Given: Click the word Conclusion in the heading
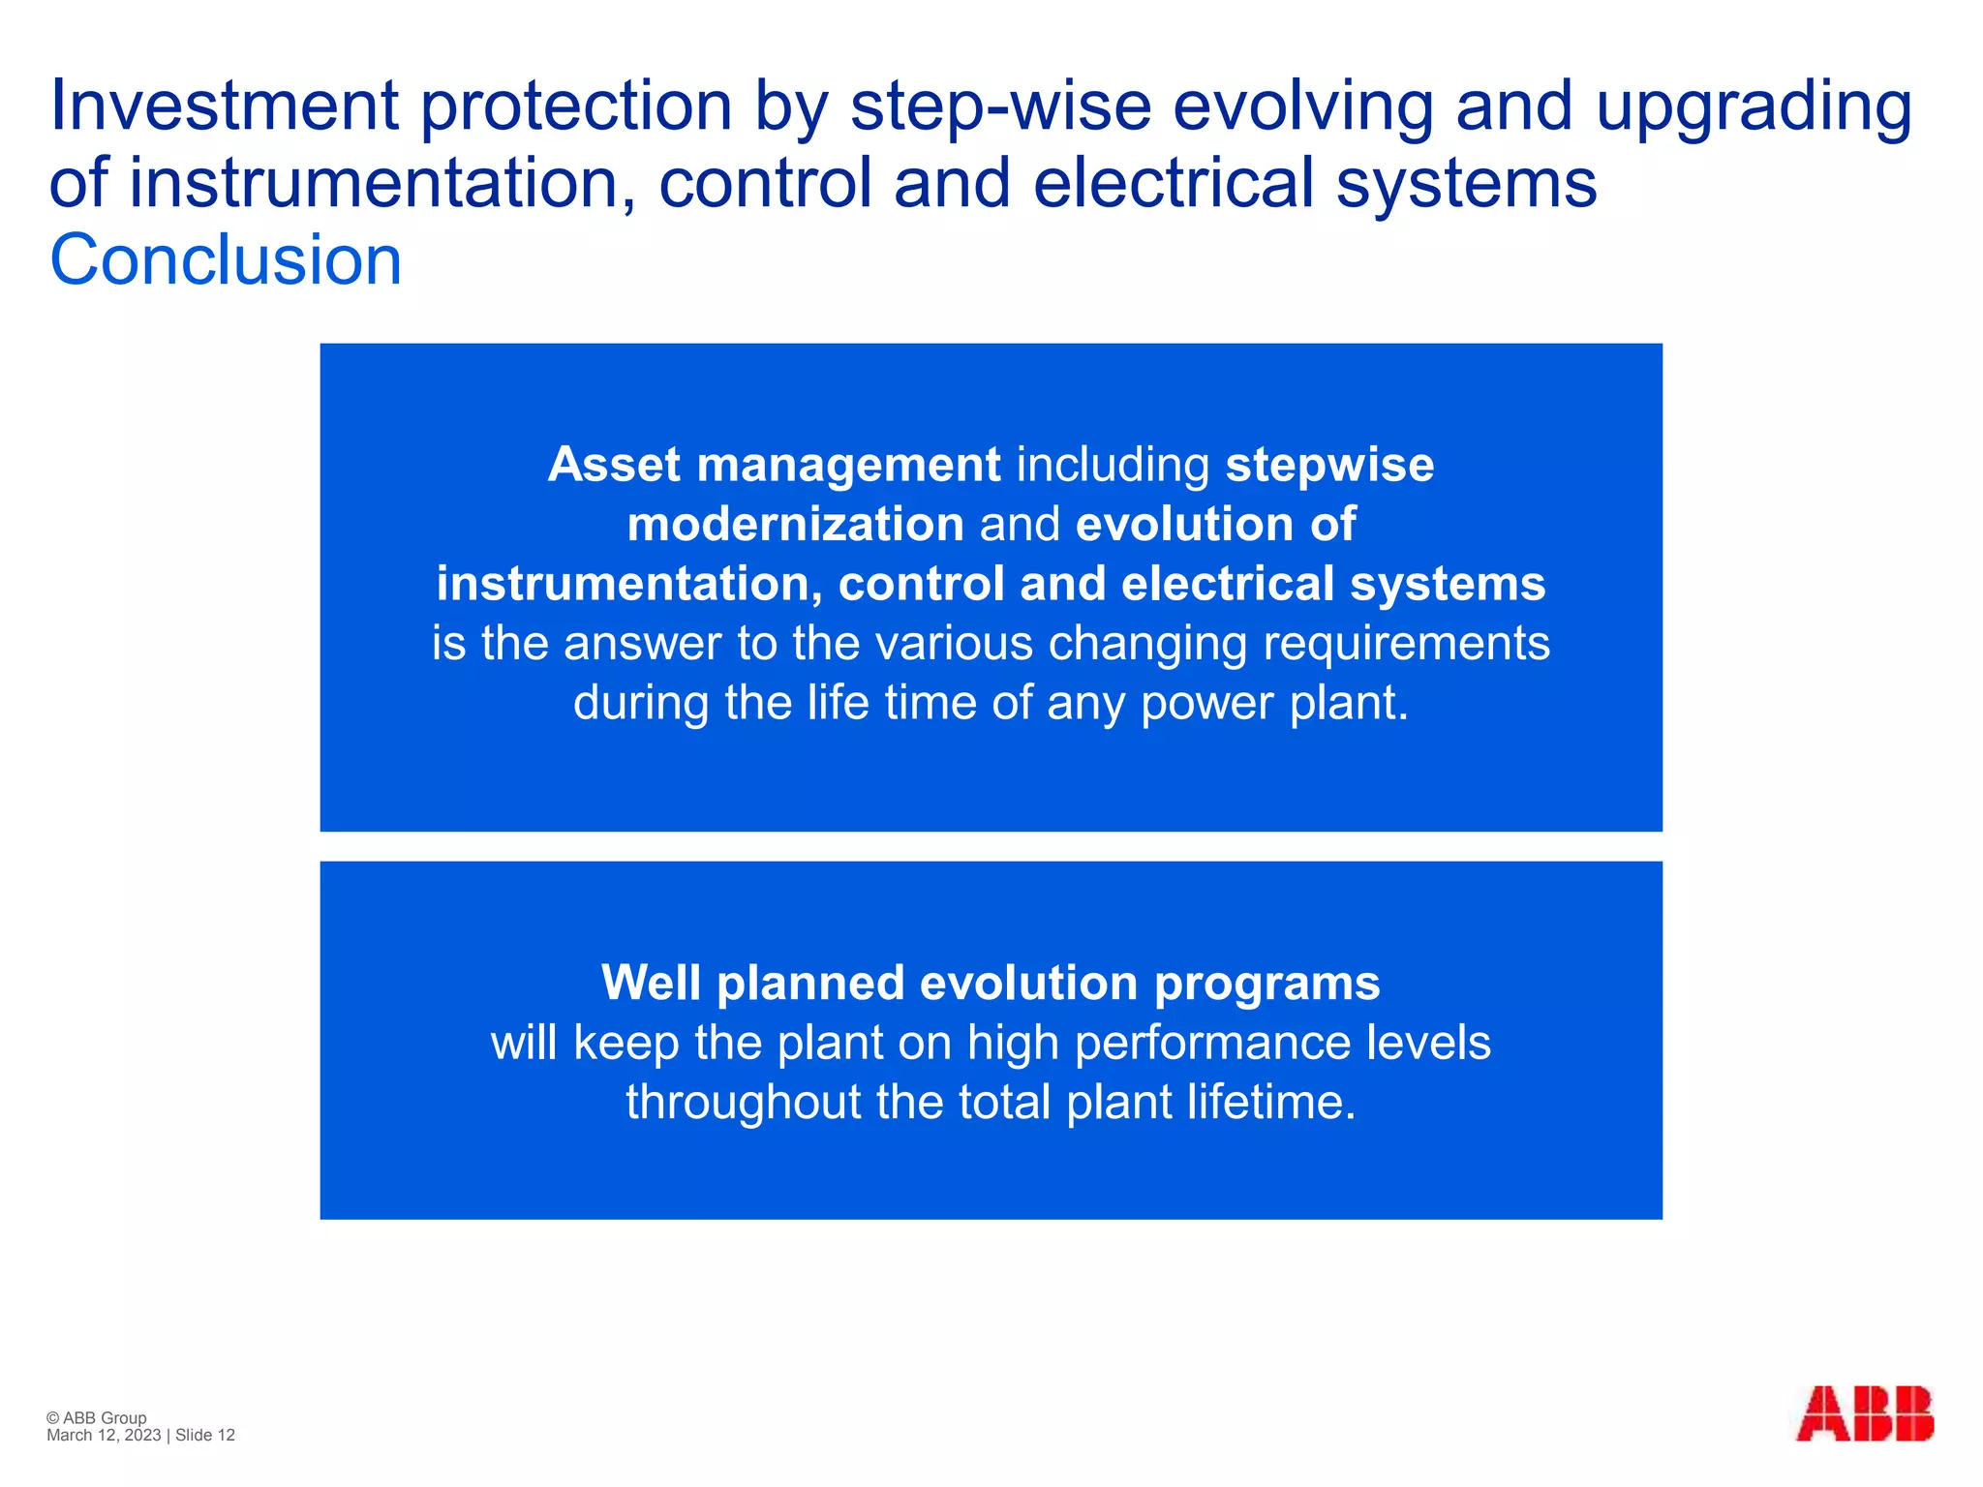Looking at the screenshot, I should (x=226, y=260).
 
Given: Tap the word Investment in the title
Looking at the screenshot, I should (x=224, y=106).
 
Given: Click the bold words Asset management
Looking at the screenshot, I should (x=774, y=465).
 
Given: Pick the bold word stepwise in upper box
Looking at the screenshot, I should (x=1329, y=466).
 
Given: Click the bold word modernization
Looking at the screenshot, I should (x=795, y=525).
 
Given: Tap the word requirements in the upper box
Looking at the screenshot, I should (x=1406, y=643).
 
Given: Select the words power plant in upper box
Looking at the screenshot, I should (x=1273, y=703).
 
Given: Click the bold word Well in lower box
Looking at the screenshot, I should (x=651, y=983).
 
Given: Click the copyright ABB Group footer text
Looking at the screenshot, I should (x=97, y=1417).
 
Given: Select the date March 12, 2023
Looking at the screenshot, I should (x=104, y=1436).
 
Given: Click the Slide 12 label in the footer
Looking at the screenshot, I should (x=205, y=1436).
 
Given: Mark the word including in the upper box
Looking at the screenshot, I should (x=1113, y=466).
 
